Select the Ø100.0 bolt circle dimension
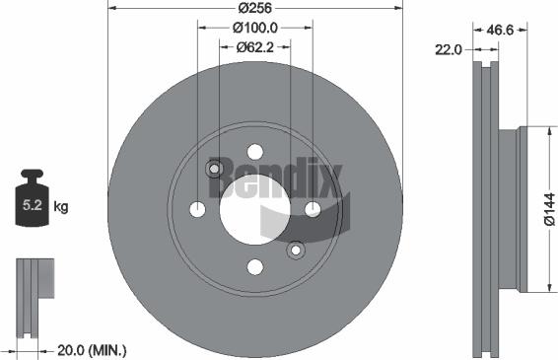click(x=254, y=29)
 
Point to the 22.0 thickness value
click(x=451, y=48)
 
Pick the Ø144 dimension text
click(x=548, y=210)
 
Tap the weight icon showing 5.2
click(x=32, y=202)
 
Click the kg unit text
click(x=61, y=207)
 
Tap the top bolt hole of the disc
click(x=255, y=151)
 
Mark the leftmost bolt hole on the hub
click(x=197, y=209)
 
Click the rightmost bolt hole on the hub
click(x=313, y=209)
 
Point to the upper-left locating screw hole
click(x=214, y=169)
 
